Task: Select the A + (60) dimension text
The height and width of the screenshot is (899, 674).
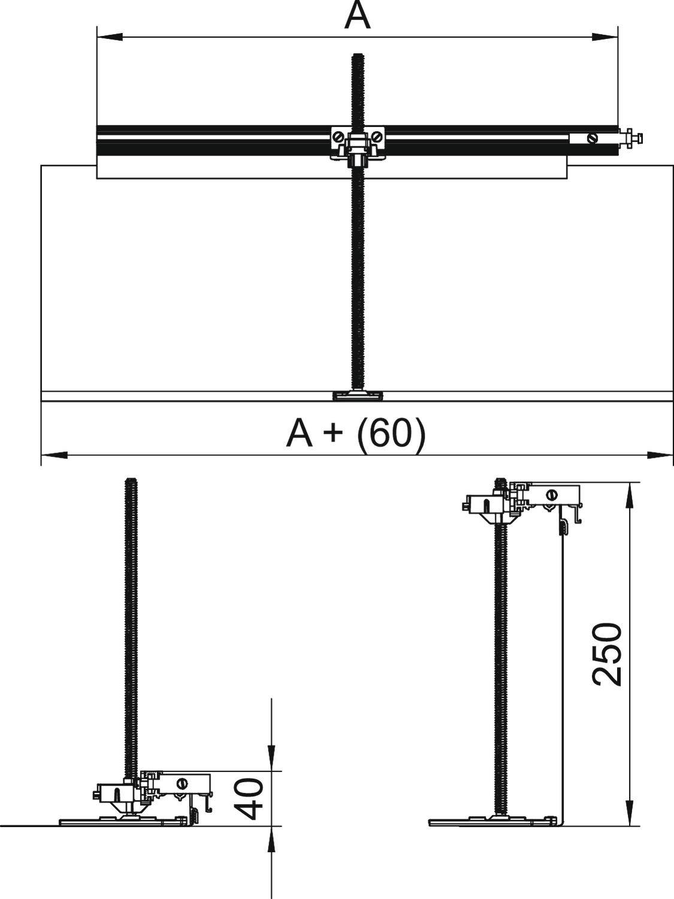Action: click(356, 434)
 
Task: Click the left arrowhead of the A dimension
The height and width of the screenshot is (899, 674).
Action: click(110, 37)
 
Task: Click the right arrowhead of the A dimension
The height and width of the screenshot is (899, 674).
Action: click(605, 37)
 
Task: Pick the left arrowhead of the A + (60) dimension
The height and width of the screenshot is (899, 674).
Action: click(54, 455)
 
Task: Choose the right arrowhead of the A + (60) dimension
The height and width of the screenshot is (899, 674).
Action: click(660, 455)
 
